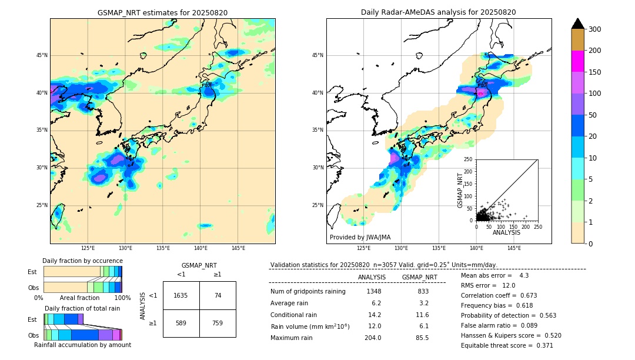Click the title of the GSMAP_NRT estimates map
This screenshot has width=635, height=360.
click(162, 12)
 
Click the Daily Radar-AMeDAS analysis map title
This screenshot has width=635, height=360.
click(439, 12)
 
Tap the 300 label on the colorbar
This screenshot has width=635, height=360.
click(594, 29)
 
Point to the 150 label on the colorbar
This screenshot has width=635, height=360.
click(594, 72)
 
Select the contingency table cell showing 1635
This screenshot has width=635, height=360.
click(181, 295)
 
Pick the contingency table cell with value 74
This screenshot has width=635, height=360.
click(218, 295)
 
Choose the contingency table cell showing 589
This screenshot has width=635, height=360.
click(181, 323)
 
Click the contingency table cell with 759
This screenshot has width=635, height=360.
click(218, 323)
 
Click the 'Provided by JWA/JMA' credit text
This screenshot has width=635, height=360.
click(360, 238)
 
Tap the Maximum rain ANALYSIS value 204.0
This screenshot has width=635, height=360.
click(372, 338)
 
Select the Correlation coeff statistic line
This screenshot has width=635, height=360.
click(499, 295)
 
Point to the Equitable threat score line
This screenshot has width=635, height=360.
click(507, 345)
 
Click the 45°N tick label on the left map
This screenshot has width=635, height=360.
click(42, 55)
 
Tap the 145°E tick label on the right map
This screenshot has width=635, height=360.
click(514, 248)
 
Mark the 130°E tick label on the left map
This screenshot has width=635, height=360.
click(125, 248)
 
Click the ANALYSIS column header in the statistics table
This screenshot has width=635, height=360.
click(372, 277)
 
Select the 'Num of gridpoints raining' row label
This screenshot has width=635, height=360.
click(308, 292)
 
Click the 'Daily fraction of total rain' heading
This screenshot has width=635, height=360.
click(82, 308)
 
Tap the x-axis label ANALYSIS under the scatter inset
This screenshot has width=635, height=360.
click(506, 232)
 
